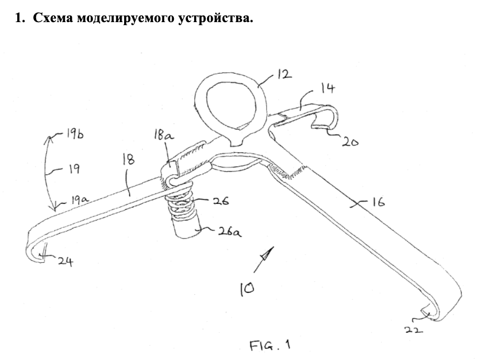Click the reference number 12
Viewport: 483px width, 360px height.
[x=283, y=75]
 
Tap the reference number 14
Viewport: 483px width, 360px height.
[x=328, y=89]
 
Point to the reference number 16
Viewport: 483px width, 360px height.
[x=375, y=202]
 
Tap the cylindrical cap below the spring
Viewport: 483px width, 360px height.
[x=182, y=228]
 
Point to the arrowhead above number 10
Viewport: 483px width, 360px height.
[x=266, y=253]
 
